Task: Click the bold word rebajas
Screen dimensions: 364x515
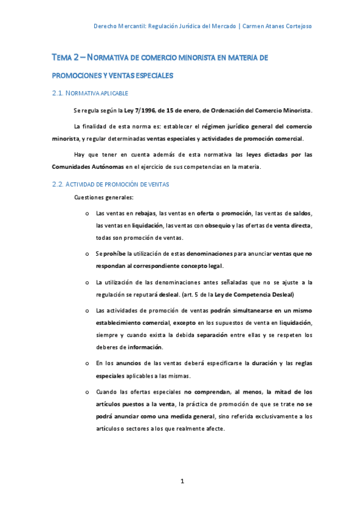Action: [x=146, y=213]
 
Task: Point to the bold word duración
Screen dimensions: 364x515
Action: [x=263, y=363]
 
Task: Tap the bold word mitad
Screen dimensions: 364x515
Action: [x=282, y=392]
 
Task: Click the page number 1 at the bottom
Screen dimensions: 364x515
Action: [x=182, y=482]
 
